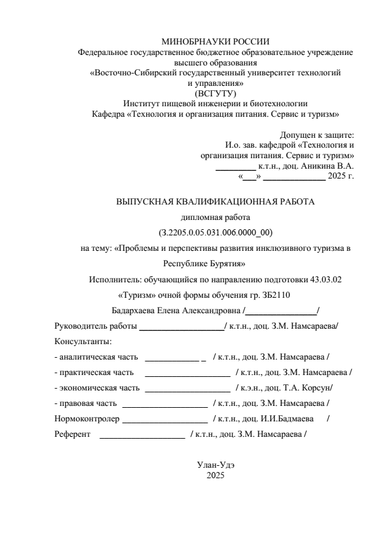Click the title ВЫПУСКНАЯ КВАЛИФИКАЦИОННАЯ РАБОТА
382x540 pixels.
click(215, 201)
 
